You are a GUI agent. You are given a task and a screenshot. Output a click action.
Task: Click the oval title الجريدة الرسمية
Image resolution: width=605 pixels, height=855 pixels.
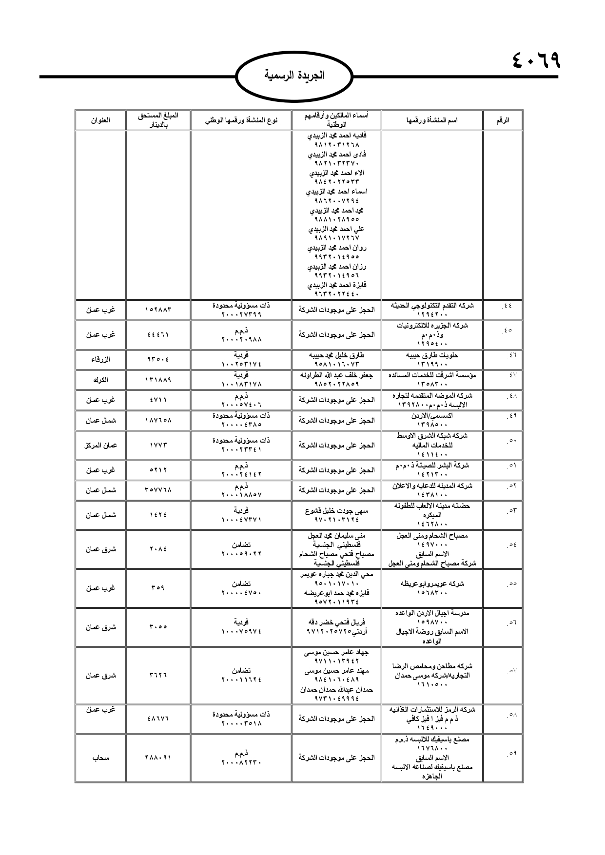[294, 76]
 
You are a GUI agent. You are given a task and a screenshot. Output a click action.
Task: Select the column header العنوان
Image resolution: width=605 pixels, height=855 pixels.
[101, 120]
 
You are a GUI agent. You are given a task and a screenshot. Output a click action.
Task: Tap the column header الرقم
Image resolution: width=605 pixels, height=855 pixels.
[503, 120]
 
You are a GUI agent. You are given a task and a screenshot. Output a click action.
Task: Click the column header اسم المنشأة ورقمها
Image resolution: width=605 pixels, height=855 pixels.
[432, 120]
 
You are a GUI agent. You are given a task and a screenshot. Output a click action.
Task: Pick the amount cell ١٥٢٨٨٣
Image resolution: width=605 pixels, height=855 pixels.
[158, 310]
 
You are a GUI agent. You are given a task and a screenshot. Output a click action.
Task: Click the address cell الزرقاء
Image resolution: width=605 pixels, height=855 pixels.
[101, 359]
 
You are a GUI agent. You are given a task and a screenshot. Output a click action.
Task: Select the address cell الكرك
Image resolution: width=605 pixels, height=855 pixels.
[101, 379]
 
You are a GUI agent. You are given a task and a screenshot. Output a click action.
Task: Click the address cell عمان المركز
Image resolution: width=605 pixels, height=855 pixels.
[101, 445]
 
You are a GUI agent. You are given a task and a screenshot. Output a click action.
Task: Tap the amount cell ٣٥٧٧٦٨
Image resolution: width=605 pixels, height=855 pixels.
[158, 489]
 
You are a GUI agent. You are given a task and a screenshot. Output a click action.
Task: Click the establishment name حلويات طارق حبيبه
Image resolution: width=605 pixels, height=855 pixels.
[432, 355]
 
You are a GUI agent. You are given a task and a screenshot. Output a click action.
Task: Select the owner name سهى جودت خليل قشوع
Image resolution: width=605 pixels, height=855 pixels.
[336, 510]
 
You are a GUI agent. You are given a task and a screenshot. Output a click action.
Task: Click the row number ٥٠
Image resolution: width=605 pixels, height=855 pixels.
[511, 441]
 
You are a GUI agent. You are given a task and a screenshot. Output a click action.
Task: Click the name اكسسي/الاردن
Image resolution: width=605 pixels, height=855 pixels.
[432, 416]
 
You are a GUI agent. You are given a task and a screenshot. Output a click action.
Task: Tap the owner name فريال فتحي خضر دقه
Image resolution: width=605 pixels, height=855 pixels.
[336, 622]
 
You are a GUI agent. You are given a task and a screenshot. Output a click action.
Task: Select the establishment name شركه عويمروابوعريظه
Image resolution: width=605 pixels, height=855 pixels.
[432, 583]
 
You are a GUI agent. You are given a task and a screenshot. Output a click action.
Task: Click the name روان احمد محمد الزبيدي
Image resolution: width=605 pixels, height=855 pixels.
[336, 248]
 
